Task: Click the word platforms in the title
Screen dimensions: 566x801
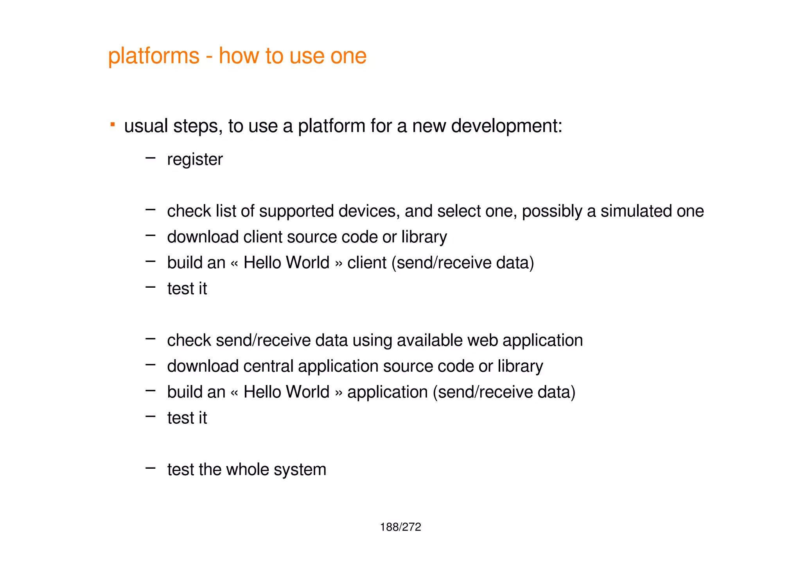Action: point(153,56)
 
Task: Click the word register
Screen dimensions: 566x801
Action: point(195,159)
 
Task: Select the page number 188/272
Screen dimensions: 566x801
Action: point(400,527)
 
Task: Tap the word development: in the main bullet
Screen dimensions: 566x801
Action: point(506,126)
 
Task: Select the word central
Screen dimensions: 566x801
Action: point(268,366)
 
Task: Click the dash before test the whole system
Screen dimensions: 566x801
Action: point(150,467)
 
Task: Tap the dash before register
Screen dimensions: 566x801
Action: point(150,158)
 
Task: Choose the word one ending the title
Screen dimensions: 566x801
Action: point(348,56)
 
